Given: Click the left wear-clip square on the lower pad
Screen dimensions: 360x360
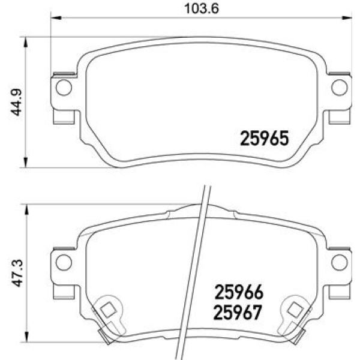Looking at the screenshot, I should click(108, 310).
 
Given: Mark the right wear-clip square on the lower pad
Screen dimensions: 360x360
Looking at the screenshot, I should click(295, 310).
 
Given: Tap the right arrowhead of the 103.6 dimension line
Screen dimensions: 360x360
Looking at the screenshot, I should click(347, 17).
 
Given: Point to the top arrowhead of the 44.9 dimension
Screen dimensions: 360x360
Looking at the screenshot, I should click(25, 40).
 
